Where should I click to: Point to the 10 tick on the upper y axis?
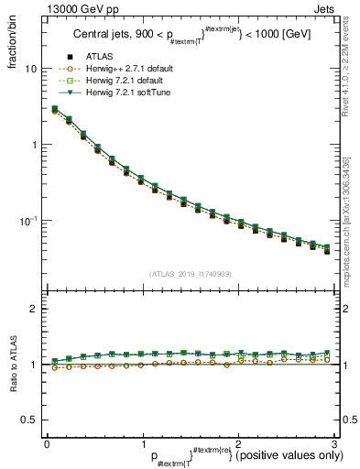(x=31, y=69)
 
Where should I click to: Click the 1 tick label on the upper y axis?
(x=34, y=145)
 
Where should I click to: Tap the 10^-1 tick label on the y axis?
(x=29, y=221)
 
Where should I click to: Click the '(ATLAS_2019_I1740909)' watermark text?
(x=190, y=274)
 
